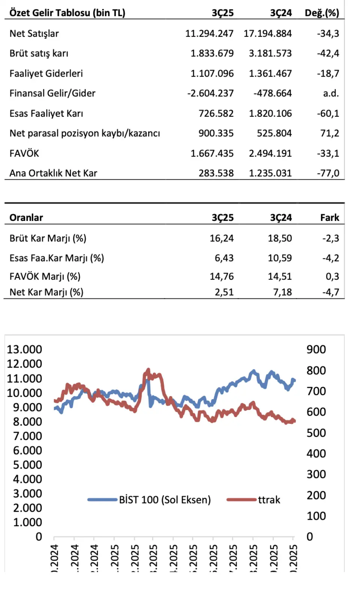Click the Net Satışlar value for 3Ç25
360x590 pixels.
point(209,33)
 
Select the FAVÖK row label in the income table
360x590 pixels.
point(24,153)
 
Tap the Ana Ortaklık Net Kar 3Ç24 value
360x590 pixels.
point(270,173)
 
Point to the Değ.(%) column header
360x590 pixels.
point(322,13)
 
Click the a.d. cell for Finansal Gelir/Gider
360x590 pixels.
point(331,93)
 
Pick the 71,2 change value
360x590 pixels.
point(330,133)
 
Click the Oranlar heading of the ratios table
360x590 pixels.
point(26,218)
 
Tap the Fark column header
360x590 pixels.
point(330,218)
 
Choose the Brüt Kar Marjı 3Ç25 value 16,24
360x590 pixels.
point(222,238)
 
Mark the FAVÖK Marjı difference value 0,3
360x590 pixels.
point(332,276)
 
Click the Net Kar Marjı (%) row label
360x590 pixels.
point(46,292)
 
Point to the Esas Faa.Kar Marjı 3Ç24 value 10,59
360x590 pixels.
point(280,258)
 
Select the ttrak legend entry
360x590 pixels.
point(269,500)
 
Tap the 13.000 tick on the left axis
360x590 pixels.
point(24,349)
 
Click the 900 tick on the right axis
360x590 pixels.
point(316,349)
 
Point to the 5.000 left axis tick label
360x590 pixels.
point(27,465)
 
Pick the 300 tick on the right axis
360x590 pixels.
point(316,474)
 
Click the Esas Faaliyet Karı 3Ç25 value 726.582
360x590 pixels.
point(216,113)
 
